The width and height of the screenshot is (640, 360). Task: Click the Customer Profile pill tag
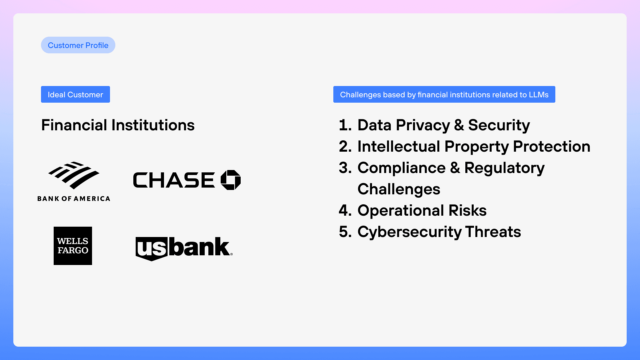click(x=78, y=45)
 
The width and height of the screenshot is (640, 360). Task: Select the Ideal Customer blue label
click(x=75, y=94)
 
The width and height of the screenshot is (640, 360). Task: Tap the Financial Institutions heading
click(x=118, y=125)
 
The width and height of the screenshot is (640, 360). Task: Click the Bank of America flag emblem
click(x=74, y=175)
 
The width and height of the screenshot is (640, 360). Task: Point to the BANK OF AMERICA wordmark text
click(x=74, y=199)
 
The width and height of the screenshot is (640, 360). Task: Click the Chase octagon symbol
click(x=231, y=180)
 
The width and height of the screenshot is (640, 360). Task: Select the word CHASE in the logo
click(x=174, y=180)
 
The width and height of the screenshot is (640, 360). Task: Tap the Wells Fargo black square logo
click(x=73, y=246)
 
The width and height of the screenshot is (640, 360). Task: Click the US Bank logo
click(x=184, y=249)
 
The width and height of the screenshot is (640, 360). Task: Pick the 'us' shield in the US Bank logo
click(x=152, y=249)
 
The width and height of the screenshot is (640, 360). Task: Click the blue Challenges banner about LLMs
click(x=444, y=94)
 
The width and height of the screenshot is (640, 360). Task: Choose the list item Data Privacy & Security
click(x=444, y=125)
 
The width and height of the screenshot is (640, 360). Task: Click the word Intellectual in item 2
click(x=399, y=146)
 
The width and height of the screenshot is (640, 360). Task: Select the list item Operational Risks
click(x=422, y=211)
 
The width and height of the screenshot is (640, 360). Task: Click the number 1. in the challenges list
click(x=345, y=125)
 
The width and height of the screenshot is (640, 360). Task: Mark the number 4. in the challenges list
click(x=345, y=211)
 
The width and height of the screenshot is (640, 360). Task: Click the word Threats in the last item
click(x=493, y=232)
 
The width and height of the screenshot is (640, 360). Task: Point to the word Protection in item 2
click(x=552, y=146)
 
